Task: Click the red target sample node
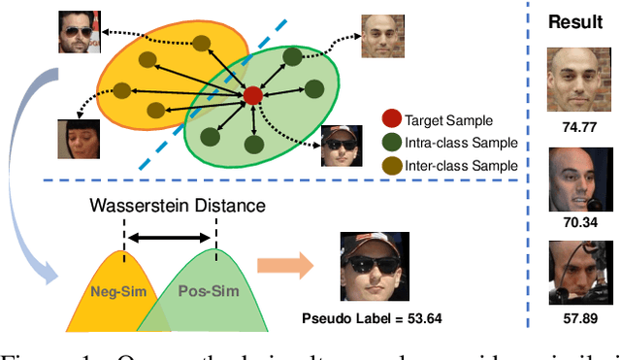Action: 252,94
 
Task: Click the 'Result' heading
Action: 576,21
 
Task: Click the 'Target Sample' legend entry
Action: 448,122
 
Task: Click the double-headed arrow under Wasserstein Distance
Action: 170,236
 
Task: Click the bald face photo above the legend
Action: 383,35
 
